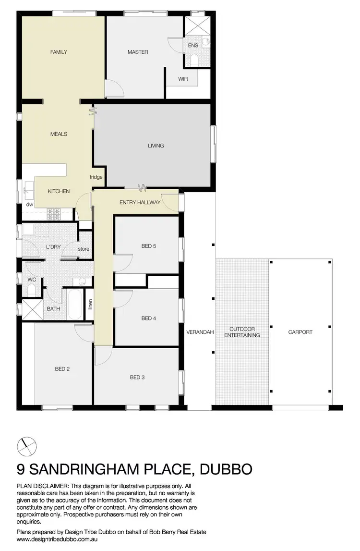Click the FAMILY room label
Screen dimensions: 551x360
click(59, 52)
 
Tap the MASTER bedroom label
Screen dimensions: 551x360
click(138, 52)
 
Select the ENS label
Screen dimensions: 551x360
click(193, 46)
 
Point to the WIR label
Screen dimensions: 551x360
click(183, 79)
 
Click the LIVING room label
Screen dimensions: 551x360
click(156, 146)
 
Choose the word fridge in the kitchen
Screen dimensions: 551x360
click(96, 177)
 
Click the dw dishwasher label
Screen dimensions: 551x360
click(30, 205)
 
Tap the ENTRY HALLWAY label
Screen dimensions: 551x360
click(140, 203)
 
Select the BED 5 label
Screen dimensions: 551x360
click(148, 246)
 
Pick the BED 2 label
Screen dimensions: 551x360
click(62, 369)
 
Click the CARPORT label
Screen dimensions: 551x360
click(300, 332)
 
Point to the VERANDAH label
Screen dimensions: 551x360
click(200, 332)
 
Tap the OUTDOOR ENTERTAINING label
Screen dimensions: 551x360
click(242, 332)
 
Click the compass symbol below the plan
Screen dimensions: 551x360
click(26, 446)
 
